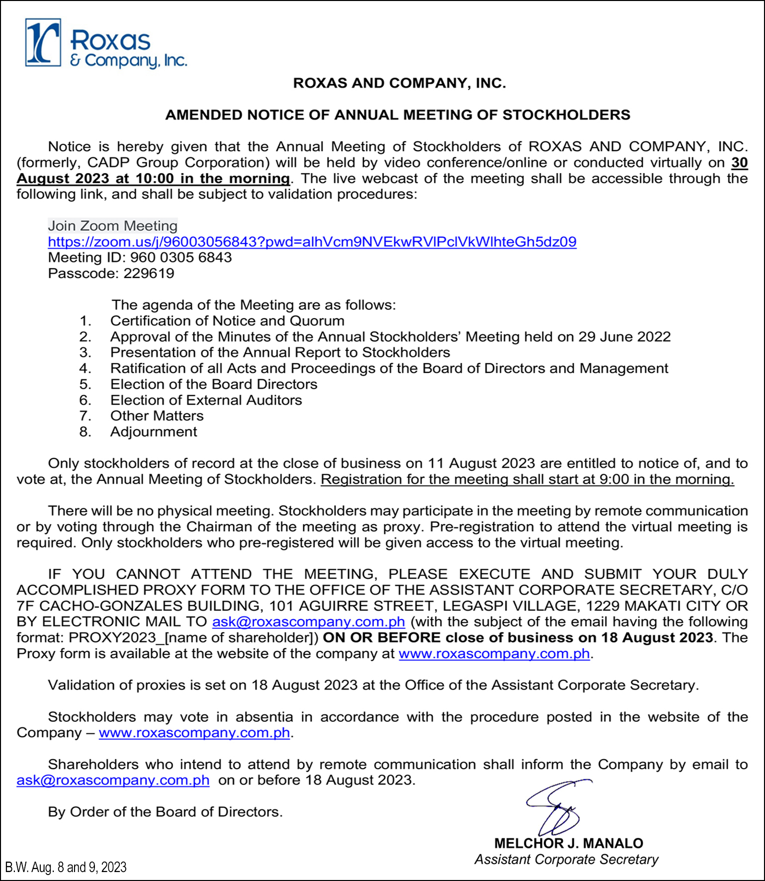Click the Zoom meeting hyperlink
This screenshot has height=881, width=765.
(312, 242)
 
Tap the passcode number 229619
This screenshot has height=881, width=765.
(149, 273)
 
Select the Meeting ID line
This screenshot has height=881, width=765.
(140, 258)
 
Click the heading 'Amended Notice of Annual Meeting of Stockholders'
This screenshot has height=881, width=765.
(398, 115)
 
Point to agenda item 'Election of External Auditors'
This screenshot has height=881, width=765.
(206, 400)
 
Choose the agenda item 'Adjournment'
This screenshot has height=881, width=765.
(154, 432)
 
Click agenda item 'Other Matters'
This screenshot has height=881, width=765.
(157, 416)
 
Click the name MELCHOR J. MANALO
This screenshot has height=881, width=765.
(568, 844)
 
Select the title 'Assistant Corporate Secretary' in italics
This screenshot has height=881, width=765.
(566, 860)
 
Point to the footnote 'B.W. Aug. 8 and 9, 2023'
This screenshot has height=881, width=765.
(66, 868)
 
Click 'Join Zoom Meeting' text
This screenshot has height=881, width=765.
(113, 226)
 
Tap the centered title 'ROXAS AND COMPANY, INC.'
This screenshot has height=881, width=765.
(399, 83)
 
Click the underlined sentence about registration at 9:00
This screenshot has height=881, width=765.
(527, 480)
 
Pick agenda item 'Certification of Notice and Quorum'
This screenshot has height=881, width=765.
(227, 321)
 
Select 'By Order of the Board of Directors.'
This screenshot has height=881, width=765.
(165, 812)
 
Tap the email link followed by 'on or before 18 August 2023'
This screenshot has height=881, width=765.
(113, 781)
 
